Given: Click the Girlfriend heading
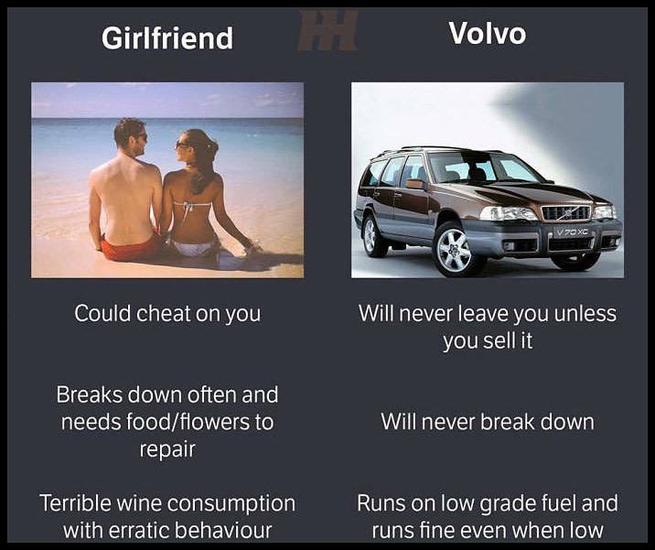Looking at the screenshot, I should pyautogui.click(x=166, y=38).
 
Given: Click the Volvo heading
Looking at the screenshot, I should pyautogui.click(x=487, y=34).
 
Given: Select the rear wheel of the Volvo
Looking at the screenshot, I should pyautogui.click(x=374, y=235).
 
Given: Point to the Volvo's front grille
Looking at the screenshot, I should pyautogui.click(x=566, y=212).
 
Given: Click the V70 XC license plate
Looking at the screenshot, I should pyautogui.click(x=573, y=232).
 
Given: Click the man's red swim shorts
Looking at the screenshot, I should pyautogui.click(x=128, y=248).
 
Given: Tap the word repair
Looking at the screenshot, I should pyautogui.click(x=167, y=449).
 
